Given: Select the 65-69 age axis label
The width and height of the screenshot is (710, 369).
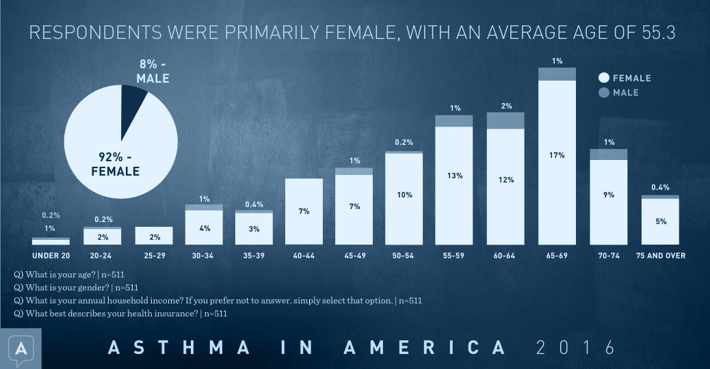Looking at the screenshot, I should pos(557,256).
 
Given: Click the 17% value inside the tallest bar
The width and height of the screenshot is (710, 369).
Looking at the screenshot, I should pos(557,155).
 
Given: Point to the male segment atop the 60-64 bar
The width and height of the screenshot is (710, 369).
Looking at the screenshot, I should pos(505,121).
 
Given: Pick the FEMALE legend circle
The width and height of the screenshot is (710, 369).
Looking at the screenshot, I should pos(604,78).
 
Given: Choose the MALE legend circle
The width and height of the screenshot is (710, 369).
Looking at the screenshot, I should pos(604,93).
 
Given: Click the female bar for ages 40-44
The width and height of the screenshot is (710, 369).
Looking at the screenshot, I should pos(304,211).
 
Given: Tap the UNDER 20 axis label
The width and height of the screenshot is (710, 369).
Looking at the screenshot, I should pos(51,256).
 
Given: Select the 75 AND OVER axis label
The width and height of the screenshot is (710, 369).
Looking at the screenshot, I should pos(660,256).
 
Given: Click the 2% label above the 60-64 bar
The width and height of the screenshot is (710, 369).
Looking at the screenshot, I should pos(506,106).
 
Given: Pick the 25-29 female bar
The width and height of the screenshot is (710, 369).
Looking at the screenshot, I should pos(154,235).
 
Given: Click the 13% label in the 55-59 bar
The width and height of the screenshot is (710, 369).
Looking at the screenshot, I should pos(455,176).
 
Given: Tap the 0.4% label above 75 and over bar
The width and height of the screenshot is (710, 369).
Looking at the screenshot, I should pos(660,187).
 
